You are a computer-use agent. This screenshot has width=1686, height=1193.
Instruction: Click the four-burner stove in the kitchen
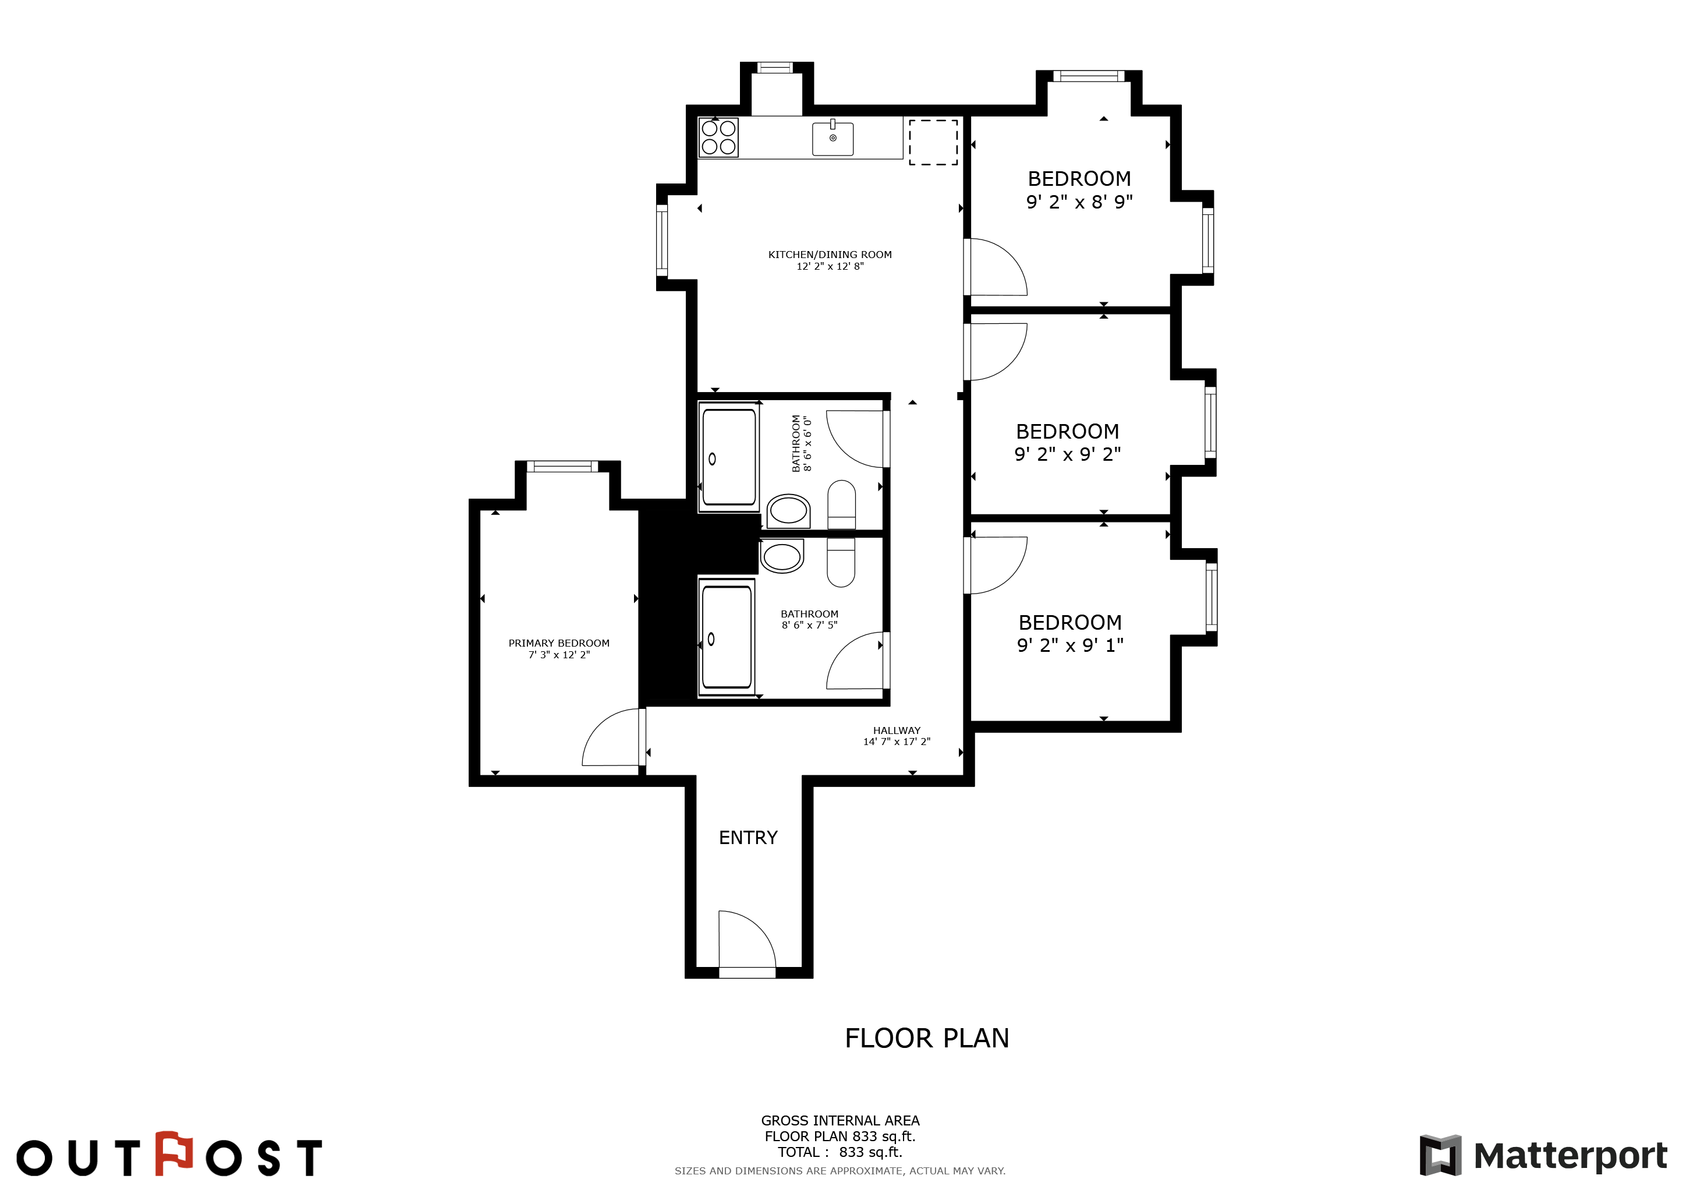[x=718, y=137]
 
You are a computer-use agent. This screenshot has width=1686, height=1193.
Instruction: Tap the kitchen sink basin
[x=833, y=139]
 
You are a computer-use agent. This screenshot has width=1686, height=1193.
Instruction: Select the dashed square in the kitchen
[x=933, y=143]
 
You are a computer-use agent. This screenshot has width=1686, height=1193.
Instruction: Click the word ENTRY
[x=748, y=838]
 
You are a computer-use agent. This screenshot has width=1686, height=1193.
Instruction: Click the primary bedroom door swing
[x=611, y=737]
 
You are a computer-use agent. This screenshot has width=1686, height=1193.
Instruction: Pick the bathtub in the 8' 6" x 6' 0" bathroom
[x=728, y=457]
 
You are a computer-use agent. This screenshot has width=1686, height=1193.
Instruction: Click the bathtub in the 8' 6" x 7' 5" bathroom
[x=726, y=636]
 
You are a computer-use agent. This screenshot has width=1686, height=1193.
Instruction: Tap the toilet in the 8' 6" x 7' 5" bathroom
[x=841, y=562]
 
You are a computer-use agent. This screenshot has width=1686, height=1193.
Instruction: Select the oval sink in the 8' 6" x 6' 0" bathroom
[x=788, y=510]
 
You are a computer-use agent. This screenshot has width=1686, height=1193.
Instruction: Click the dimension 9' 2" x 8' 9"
[x=1079, y=202]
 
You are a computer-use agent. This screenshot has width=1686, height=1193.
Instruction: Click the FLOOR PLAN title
[x=927, y=1038]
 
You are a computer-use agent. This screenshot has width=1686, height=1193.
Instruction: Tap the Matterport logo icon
[x=1440, y=1155]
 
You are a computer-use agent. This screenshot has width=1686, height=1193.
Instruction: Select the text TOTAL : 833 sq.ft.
[x=840, y=1152]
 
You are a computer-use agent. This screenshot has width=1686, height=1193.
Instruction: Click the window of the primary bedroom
[x=562, y=467]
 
